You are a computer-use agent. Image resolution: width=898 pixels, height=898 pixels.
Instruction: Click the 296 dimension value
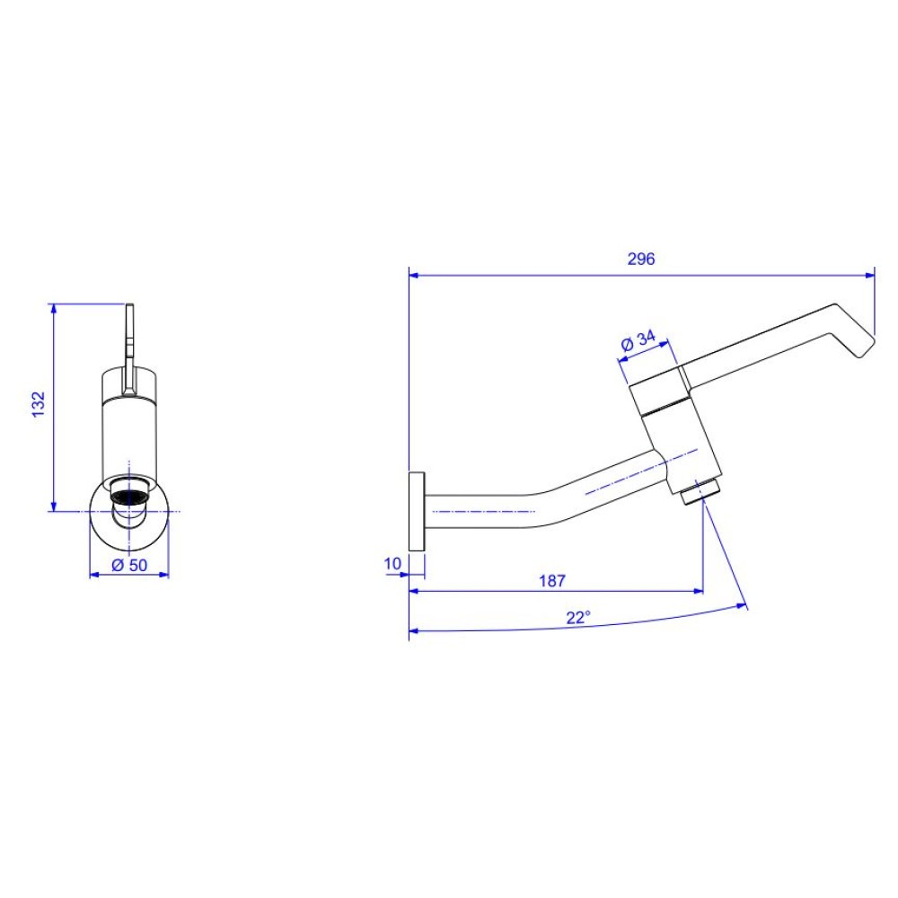click(641, 259)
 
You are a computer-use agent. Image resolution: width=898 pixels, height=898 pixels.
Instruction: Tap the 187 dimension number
click(552, 581)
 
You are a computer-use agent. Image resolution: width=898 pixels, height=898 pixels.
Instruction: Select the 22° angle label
click(578, 618)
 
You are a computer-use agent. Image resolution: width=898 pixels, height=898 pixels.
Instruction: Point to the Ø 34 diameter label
click(638, 340)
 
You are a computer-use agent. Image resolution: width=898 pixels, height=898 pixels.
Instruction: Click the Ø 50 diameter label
click(129, 565)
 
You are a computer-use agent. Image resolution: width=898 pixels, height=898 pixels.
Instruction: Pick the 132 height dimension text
click(38, 404)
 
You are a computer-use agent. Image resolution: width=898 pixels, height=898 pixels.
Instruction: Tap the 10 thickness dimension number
click(392, 564)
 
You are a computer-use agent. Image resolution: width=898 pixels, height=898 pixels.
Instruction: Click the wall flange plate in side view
click(417, 512)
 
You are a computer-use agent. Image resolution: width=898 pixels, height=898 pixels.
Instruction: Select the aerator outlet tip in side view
click(700, 492)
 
